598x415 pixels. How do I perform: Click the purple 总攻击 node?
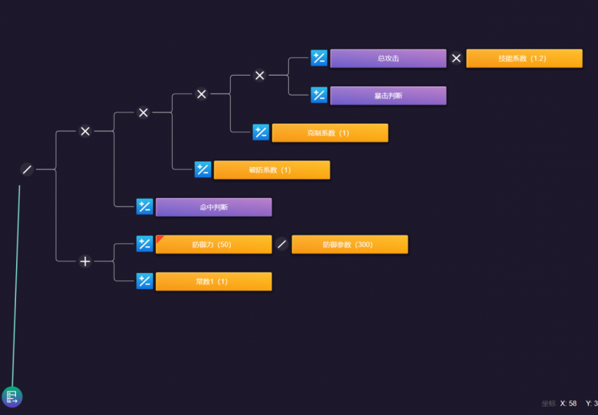tap(388, 58)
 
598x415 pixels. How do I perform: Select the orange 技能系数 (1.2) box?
tap(524, 58)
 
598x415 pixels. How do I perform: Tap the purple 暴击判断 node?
tap(388, 96)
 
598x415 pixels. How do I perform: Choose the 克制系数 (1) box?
tap(330, 133)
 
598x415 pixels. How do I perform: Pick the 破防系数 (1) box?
tap(271, 170)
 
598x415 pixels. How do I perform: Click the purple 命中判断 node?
tap(213, 207)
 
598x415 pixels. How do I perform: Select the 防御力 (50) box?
tap(213, 245)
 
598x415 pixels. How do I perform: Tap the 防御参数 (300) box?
tap(349, 245)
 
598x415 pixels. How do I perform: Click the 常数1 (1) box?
tap(213, 281)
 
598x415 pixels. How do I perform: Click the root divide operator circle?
tap(27, 170)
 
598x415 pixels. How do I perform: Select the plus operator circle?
tap(85, 261)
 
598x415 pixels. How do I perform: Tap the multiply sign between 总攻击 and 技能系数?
tap(457, 58)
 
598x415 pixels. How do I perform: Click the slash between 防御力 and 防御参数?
tap(282, 245)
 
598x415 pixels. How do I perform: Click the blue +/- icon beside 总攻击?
tap(319, 58)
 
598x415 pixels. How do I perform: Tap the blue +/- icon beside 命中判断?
tap(145, 207)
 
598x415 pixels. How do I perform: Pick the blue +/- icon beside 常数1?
tap(145, 281)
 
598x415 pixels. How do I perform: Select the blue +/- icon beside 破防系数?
tap(203, 170)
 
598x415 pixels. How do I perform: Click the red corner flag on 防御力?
tap(160, 239)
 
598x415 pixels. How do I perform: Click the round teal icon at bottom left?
tap(12, 396)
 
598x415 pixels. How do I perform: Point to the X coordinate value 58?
tap(573, 404)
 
